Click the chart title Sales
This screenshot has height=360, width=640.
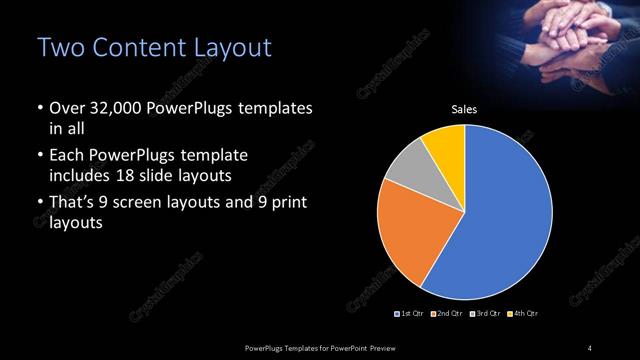[464, 110]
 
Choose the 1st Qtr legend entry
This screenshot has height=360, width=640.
[412, 314]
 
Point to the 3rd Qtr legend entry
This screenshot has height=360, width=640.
[486, 314]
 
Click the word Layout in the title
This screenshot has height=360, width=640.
[231, 48]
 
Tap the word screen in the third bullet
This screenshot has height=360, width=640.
[158, 204]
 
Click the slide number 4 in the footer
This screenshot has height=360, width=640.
[590, 347]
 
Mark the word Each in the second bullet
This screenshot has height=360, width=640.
[66, 157]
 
